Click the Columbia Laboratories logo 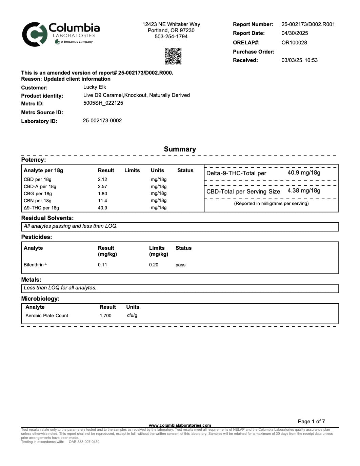coord(61,34)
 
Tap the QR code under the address coord(173,56)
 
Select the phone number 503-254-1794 coord(171,37)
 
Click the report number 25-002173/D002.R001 coord(308,24)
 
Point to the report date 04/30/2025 coord(295,33)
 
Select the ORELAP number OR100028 coord(294,43)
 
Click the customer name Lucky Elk coord(95,87)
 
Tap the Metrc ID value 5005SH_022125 coord(103,103)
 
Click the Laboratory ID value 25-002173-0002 coord(102,121)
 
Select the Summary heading coord(180,149)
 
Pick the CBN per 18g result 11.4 coord(102,201)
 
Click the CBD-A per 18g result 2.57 coord(102,186)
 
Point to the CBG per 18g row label coord(38,194)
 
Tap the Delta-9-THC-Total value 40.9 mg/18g coord(304,173)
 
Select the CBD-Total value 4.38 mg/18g coord(304,190)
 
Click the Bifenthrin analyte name coord(34,265)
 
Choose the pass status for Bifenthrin coord(180,265)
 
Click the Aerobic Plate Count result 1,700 coord(105,316)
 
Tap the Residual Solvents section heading coord(47,218)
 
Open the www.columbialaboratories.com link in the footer coord(180,425)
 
